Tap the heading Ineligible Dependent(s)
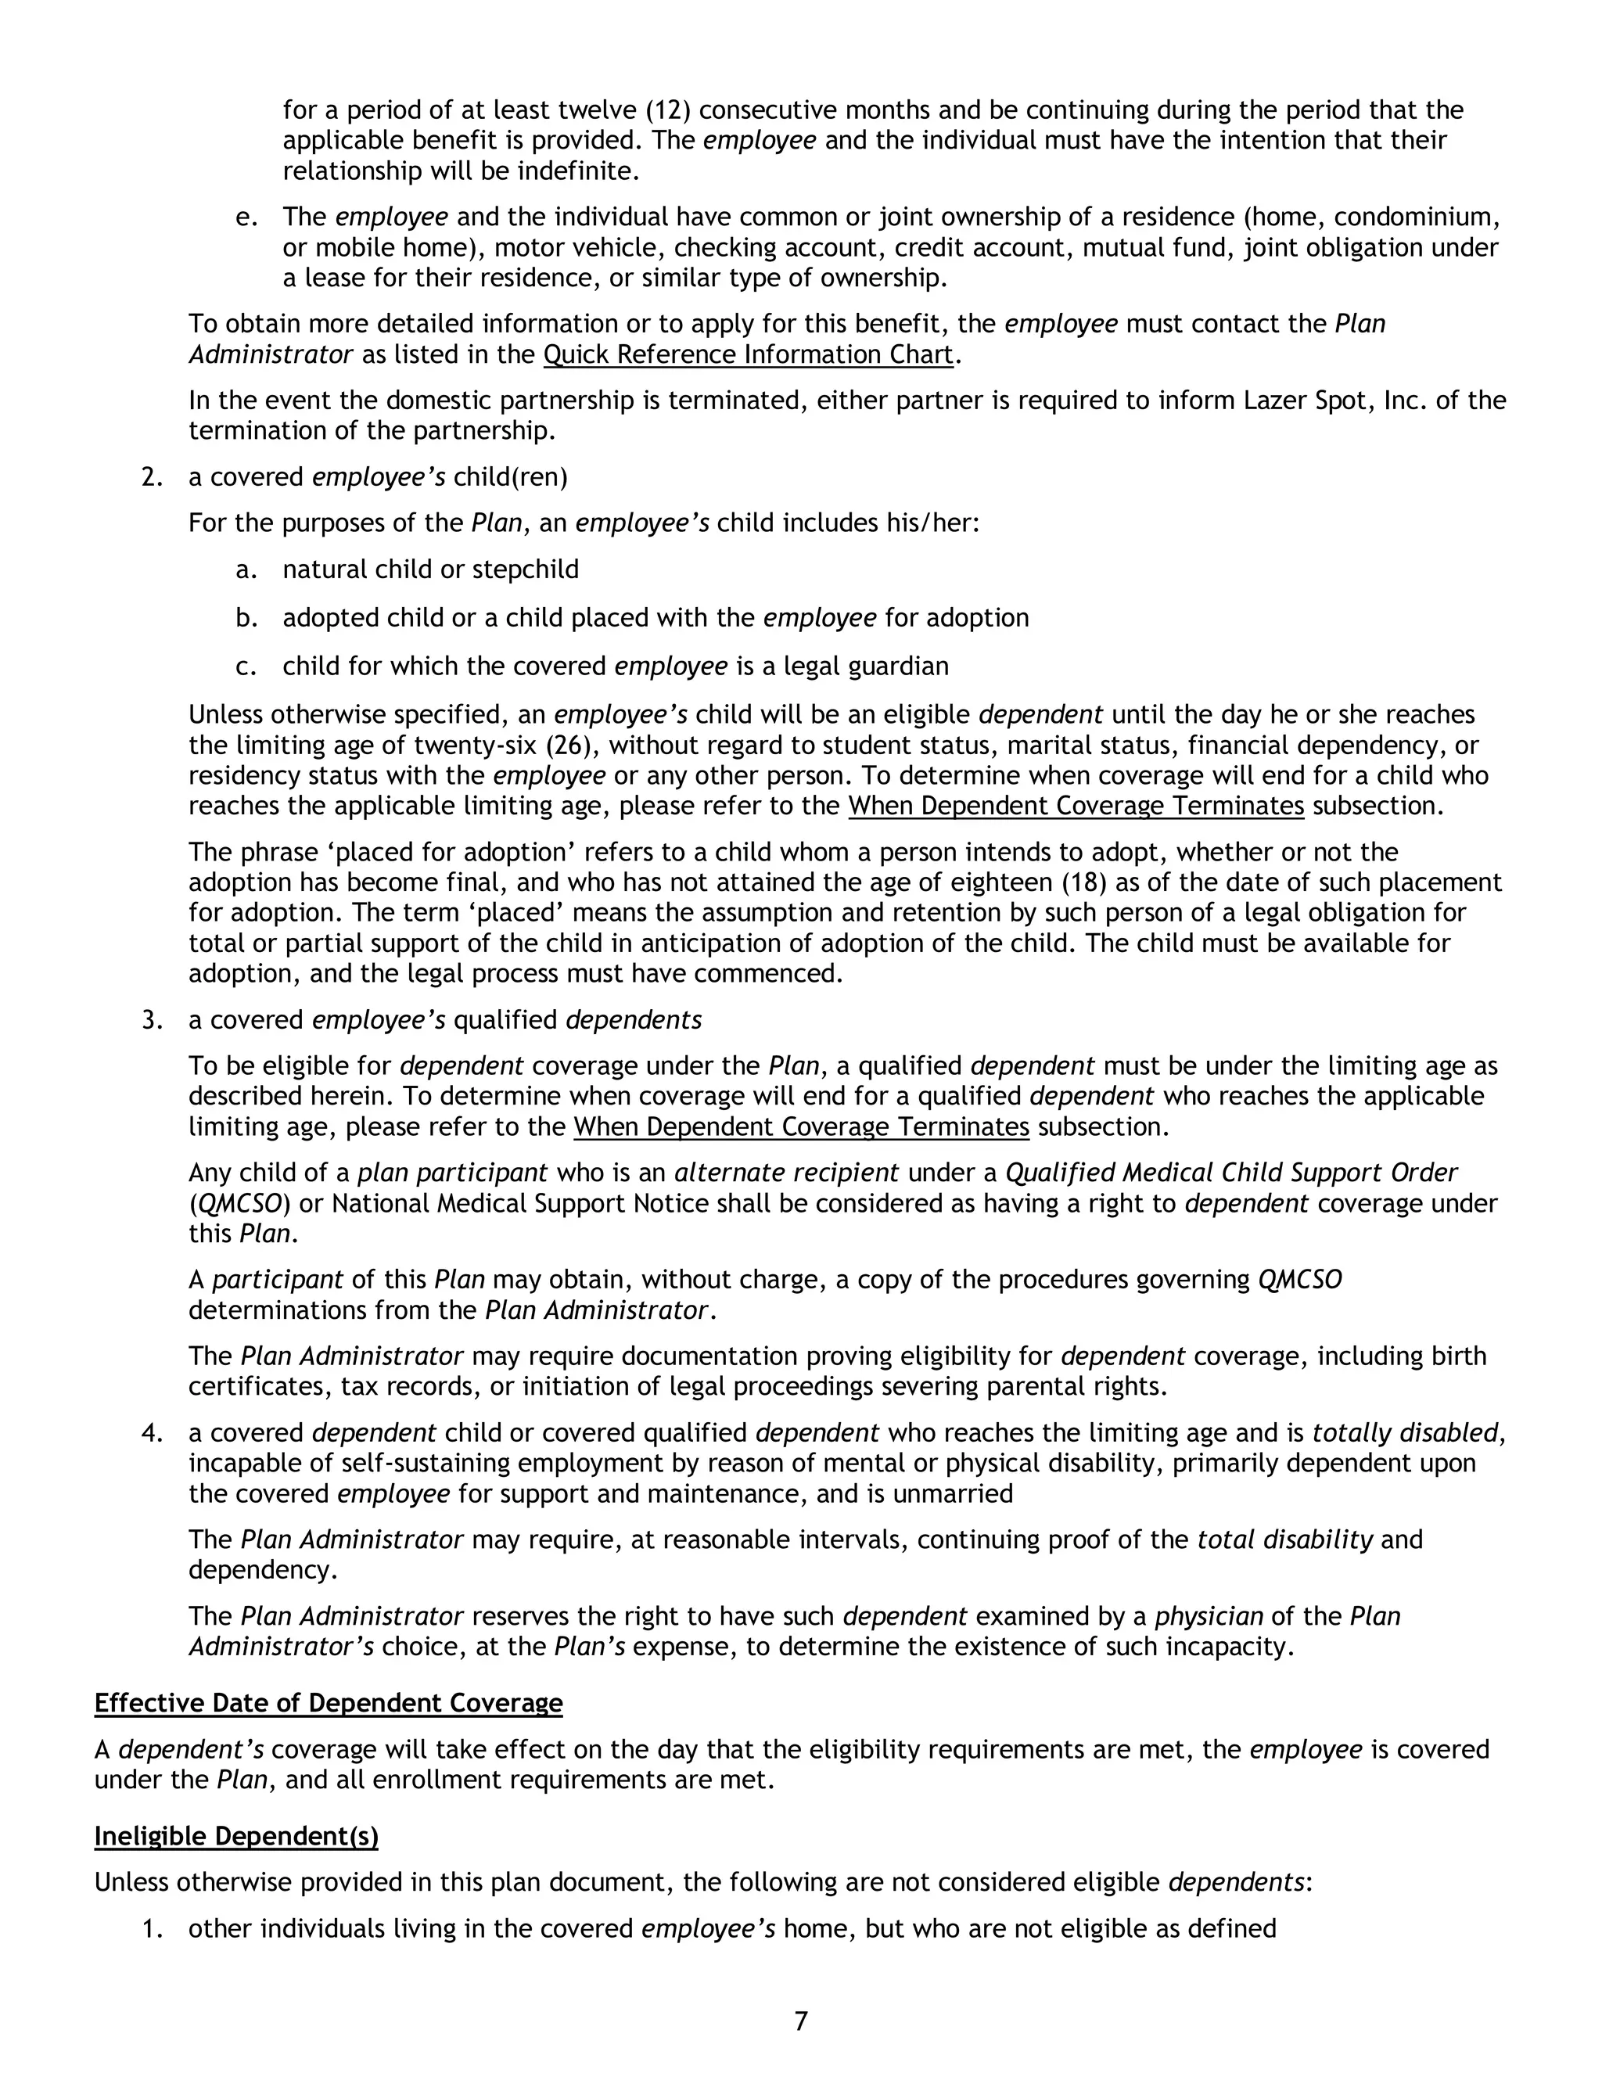coord(236,1837)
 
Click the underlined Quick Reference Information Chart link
coord(748,355)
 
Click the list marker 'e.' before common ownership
coord(246,217)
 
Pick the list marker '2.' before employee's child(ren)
coord(153,476)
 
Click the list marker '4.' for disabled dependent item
coord(153,1432)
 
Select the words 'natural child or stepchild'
coord(430,569)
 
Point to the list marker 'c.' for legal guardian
coord(246,666)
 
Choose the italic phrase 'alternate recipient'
coord(786,1173)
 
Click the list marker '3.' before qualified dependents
coord(153,1020)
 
